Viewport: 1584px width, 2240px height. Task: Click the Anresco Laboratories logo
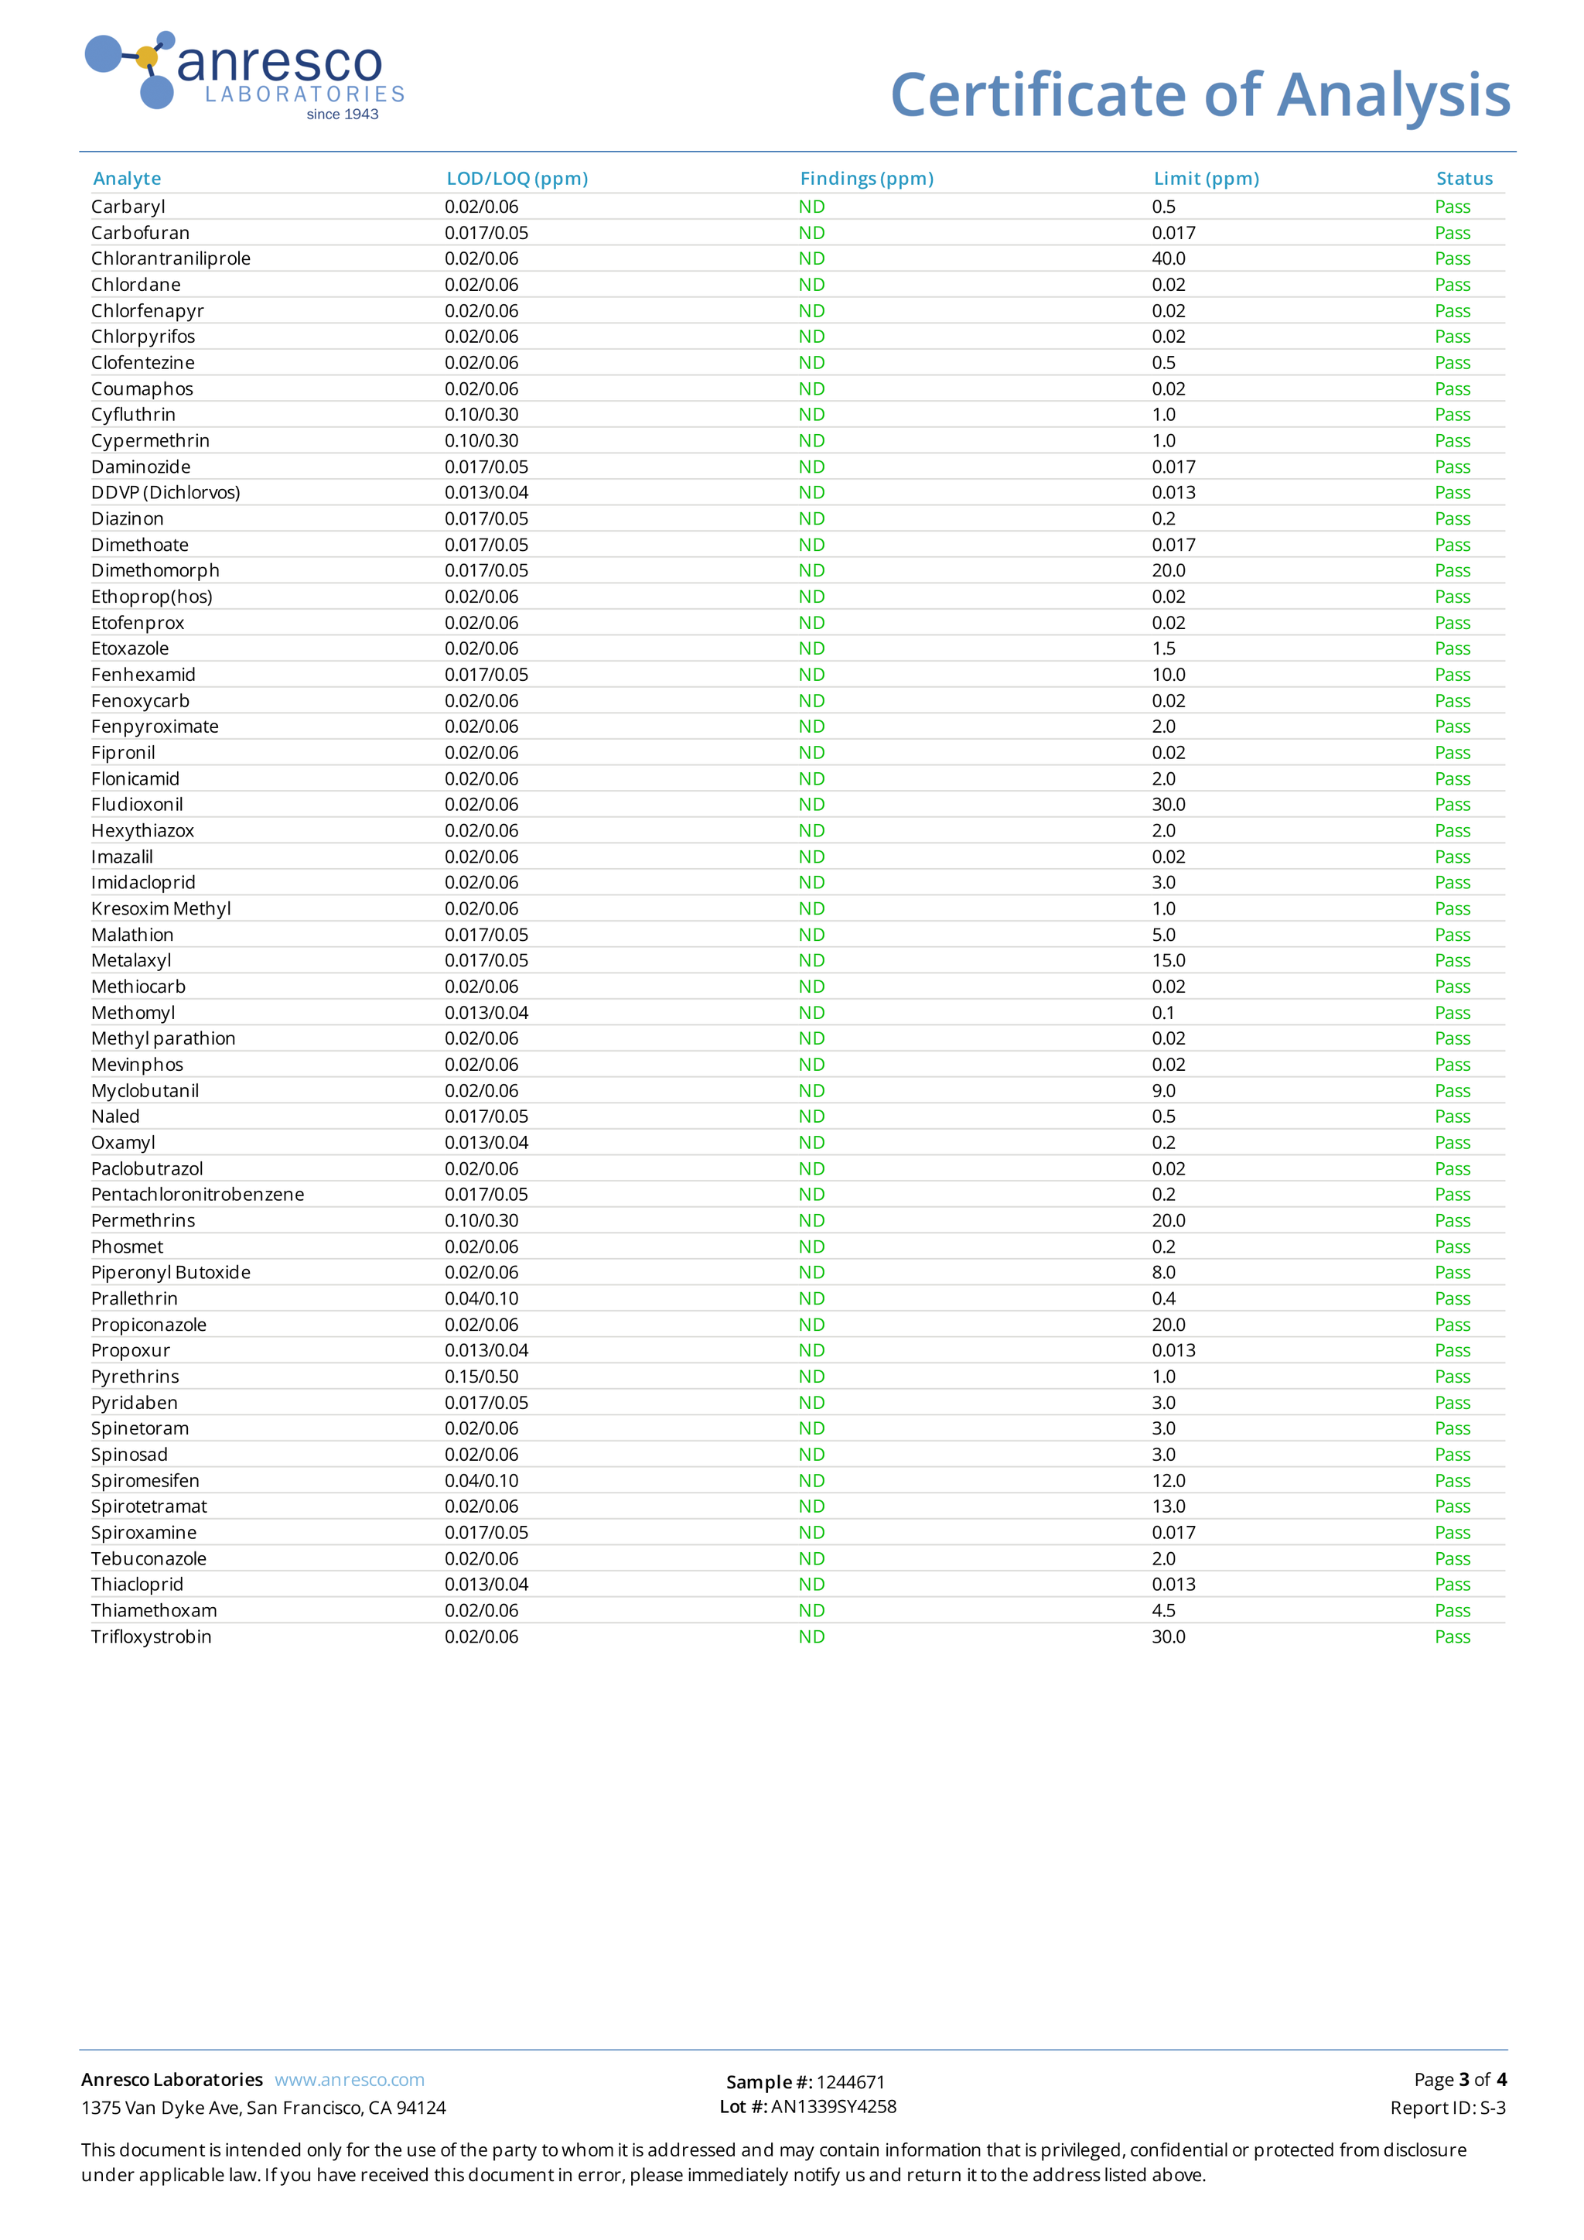pyautogui.click(x=244, y=76)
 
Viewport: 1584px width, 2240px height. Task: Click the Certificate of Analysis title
pyautogui.click(x=1200, y=96)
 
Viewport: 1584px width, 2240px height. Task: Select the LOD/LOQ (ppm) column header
pyautogui.click(x=517, y=179)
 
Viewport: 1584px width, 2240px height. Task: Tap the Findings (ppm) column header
pyautogui.click(x=866, y=179)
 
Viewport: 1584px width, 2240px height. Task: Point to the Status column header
pyautogui.click(x=1463, y=179)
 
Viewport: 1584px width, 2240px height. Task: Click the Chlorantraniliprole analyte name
pyautogui.click(x=171, y=258)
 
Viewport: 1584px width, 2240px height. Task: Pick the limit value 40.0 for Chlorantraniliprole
pyautogui.click(x=1169, y=258)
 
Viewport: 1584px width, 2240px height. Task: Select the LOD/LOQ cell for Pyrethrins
pyautogui.click(x=482, y=1376)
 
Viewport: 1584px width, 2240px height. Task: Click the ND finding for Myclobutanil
pyautogui.click(x=811, y=1091)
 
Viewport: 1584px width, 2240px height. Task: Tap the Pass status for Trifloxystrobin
pyautogui.click(x=1451, y=1636)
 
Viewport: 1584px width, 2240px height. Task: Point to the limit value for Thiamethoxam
pyautogui.click(x=1163, y=1611)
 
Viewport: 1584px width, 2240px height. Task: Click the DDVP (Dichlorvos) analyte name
pyautogui.click(x=166, y=493)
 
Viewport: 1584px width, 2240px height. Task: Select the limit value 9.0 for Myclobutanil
pyautogui.click(x=1163, y=1091)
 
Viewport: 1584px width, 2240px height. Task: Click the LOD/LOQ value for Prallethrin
pyautogui.click(x=482, y=1298)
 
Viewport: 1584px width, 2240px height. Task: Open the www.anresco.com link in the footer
pyautogui.click(x=349, y=2080)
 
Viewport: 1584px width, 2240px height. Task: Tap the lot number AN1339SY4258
pyautogui.click(x=833, y=2106)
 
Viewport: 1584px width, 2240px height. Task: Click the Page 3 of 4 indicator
pyautogui.click(x=1459, y=2079)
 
